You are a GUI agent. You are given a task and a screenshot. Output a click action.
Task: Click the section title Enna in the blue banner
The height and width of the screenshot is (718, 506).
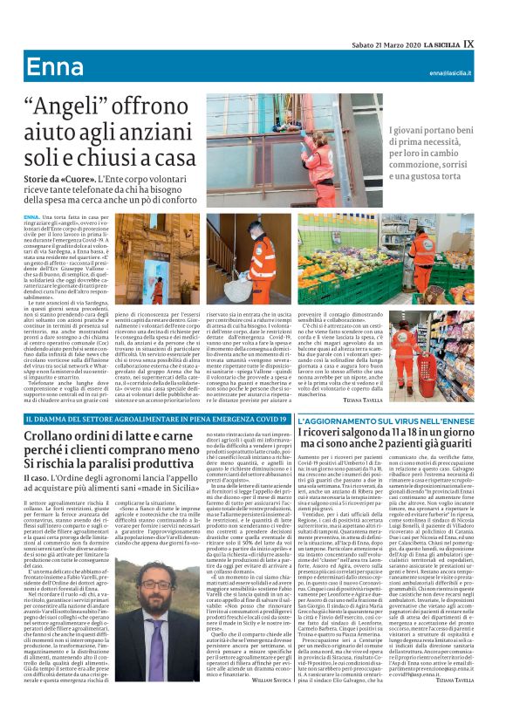pyautogui.click(x=54, y=68)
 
